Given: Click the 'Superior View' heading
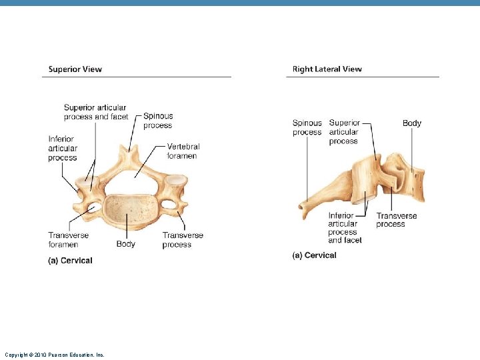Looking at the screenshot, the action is (75, 69).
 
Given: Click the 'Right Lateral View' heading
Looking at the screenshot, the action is (327, 69).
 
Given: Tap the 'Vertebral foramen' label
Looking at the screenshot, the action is (183, 151).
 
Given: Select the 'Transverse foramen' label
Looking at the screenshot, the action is (68, 240).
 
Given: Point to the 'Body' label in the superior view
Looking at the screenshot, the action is (125, 244).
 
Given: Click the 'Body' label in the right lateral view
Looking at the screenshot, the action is (412, 123).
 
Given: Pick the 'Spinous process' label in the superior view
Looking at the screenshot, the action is (158, 121).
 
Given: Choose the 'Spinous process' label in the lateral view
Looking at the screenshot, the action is (307, 127).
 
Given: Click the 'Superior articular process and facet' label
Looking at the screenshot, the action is (96, 112).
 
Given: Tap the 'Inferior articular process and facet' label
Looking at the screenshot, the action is (345, 228).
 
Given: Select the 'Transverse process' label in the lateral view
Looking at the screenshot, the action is (397, 220).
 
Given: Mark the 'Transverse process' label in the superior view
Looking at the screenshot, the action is (183, 240).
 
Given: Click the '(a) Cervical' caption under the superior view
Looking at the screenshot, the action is (70, 261).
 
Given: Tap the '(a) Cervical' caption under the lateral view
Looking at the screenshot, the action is (314, 255).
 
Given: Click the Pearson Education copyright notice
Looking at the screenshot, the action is (55, 355).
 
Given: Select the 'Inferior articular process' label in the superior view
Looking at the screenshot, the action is (63, 149).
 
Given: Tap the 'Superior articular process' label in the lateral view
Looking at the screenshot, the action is (344, 132).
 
